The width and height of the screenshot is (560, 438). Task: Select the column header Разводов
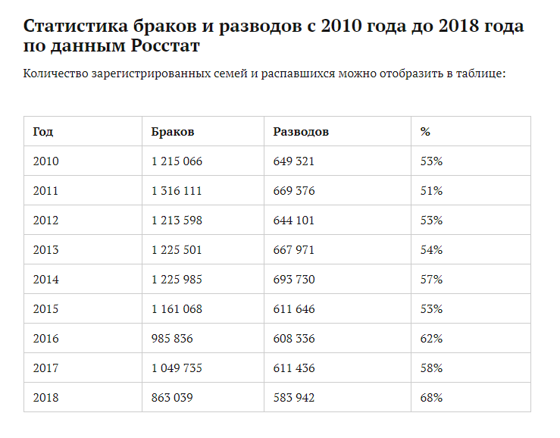301,132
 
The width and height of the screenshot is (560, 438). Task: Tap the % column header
425,132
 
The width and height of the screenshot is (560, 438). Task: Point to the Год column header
43,132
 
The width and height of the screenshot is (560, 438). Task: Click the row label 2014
45,280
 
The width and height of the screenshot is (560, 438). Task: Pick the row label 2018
45,398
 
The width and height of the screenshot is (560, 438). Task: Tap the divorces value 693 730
293,280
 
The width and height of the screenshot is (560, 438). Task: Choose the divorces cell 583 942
293,398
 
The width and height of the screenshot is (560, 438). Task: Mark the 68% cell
431,398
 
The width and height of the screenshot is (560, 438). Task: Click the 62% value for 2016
431,339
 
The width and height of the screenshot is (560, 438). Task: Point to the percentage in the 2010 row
431,161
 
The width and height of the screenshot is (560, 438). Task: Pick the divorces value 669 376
293,191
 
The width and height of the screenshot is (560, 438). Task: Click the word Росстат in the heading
168,46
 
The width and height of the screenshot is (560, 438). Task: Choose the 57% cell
431,280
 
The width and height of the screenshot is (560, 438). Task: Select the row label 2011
45,191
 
